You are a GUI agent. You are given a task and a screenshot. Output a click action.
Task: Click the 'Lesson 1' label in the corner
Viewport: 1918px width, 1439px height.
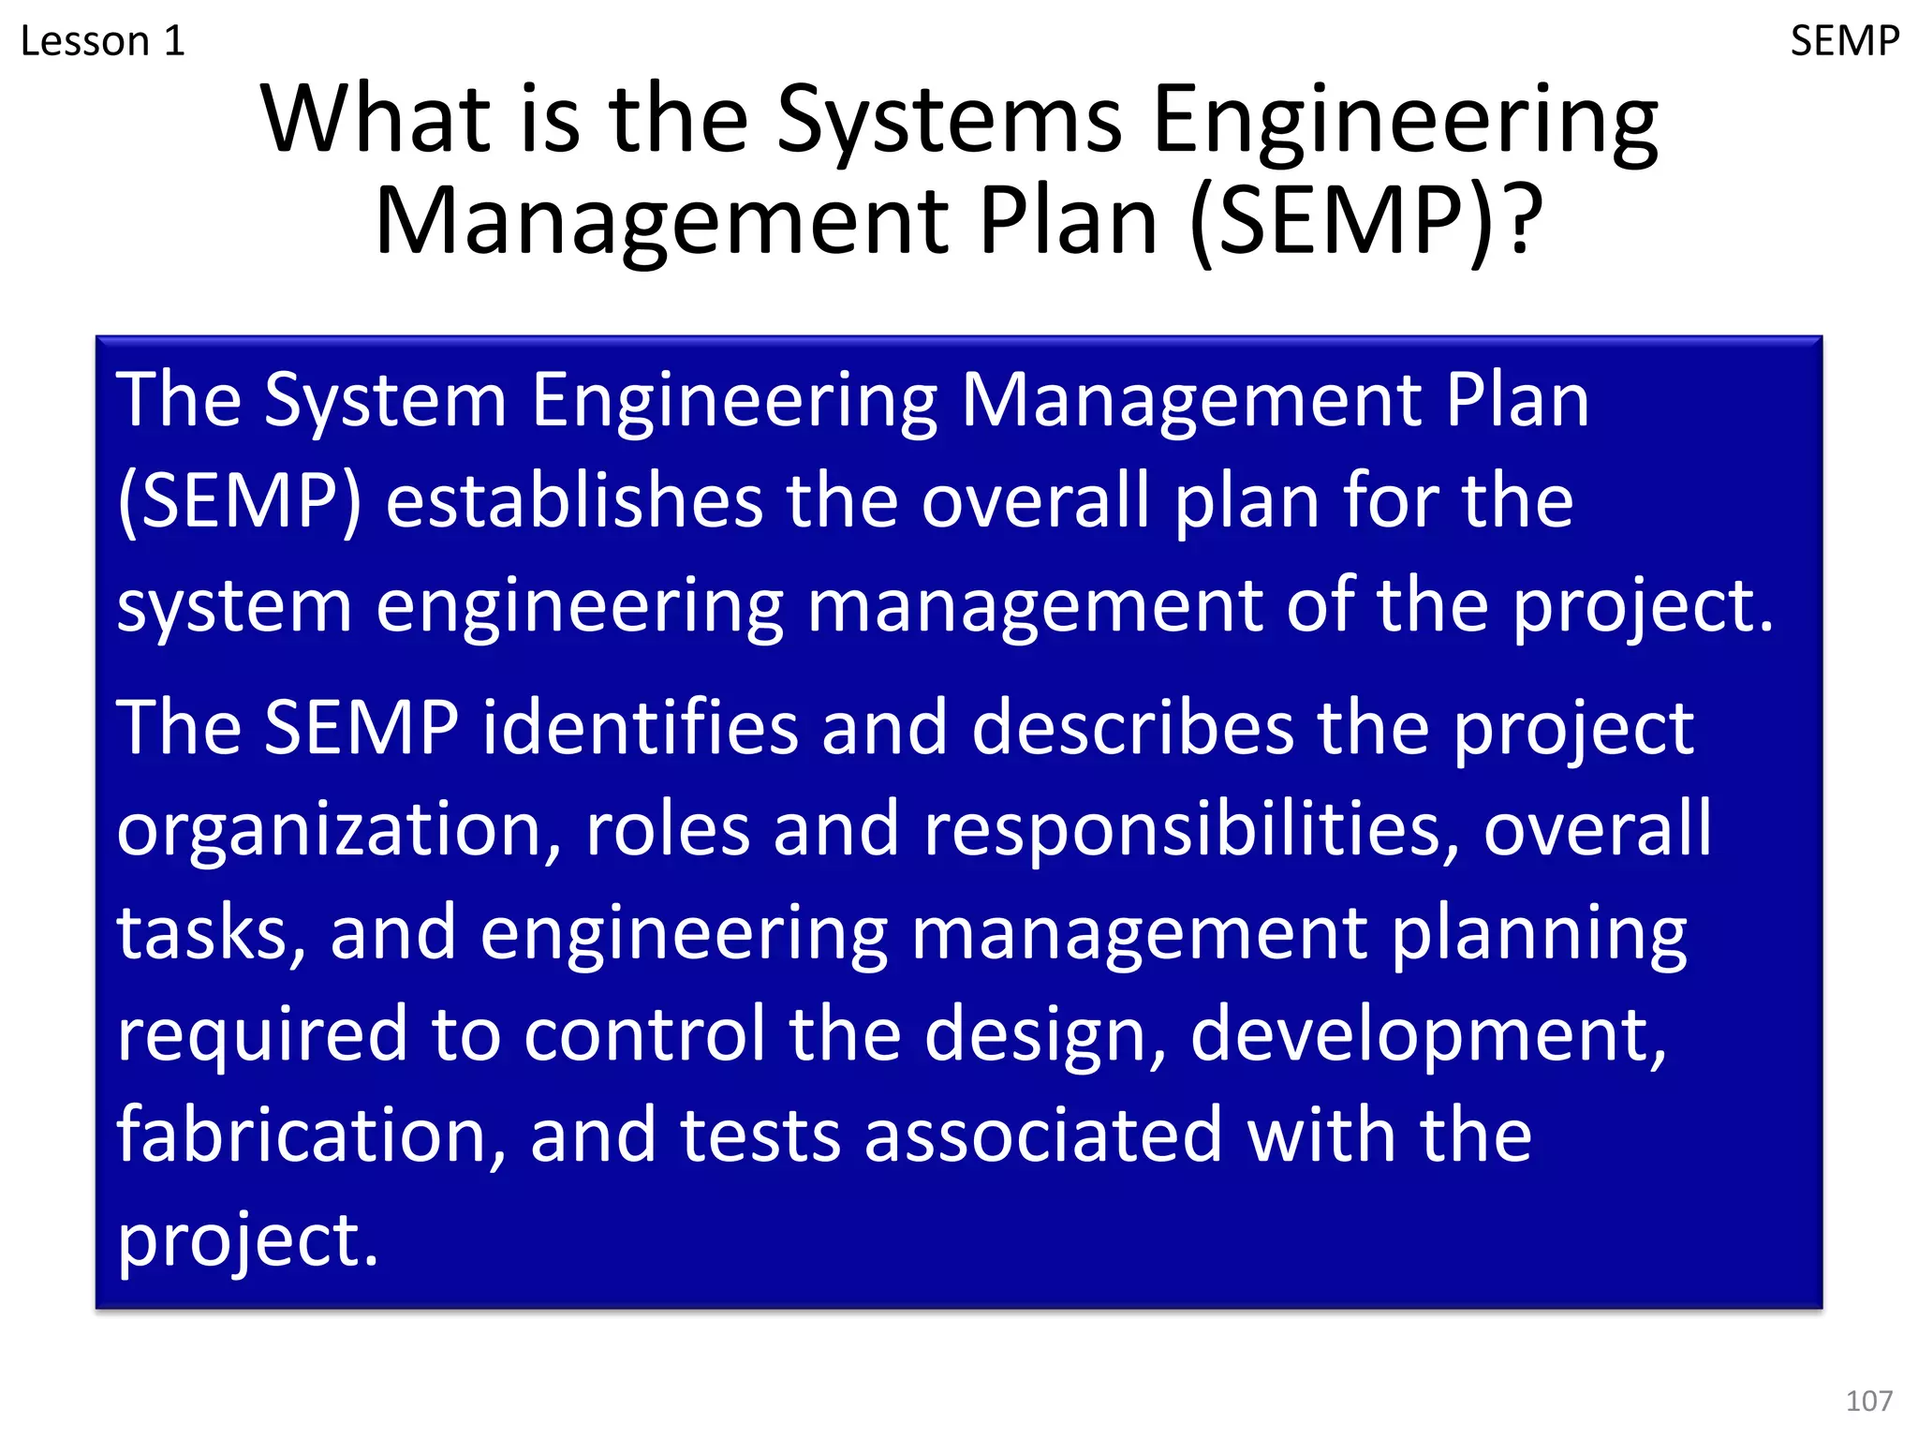(x=103, y=42)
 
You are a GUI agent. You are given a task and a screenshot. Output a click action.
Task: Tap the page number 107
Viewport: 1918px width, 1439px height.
(x=1868, y=1401)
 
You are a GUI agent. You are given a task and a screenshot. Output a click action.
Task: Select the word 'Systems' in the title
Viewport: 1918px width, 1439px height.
(x=949, y=122)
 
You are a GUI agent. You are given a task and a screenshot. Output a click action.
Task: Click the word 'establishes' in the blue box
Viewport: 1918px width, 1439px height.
(x=573, y=501)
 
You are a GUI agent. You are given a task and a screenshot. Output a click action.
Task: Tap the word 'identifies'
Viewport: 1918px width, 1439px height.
(x=641, y=728)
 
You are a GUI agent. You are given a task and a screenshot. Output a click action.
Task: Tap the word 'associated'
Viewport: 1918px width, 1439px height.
(x=1043, y=1135)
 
